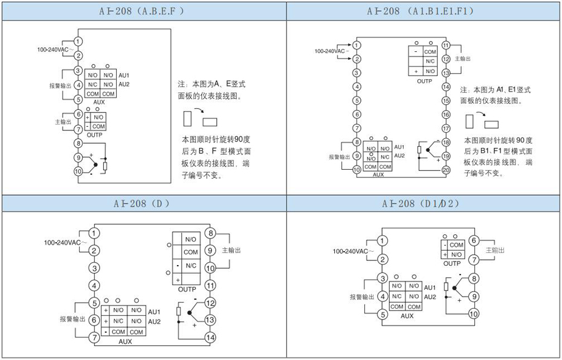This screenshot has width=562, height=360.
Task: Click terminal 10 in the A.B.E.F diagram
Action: [x=78, y=171]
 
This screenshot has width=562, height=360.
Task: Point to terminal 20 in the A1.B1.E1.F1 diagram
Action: [x=446, y=170]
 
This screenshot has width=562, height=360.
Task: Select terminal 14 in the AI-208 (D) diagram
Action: [x=210, y=337]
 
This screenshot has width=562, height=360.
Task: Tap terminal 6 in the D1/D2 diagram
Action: [x=474, y=240]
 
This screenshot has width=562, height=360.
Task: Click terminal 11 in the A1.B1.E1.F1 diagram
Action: [x=446, y=45]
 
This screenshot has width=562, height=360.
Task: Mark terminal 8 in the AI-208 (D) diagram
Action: [x=210, y=233]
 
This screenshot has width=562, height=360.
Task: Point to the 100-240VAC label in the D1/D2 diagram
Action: [x=353, y=251]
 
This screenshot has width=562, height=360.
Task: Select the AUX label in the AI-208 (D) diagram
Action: [x=125, y=341]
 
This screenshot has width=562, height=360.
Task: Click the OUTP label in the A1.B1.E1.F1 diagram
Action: [x=425, y=80]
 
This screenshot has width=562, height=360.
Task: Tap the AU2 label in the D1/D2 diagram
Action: [x=430, y=297]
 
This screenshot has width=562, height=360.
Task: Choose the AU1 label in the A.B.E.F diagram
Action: [x=124, y=75]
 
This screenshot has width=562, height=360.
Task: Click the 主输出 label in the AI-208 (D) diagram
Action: [x=231, y=249]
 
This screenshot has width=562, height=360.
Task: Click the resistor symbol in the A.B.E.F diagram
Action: [x=105, y=166]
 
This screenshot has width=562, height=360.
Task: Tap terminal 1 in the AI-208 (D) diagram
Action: [x=94, y=233]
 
